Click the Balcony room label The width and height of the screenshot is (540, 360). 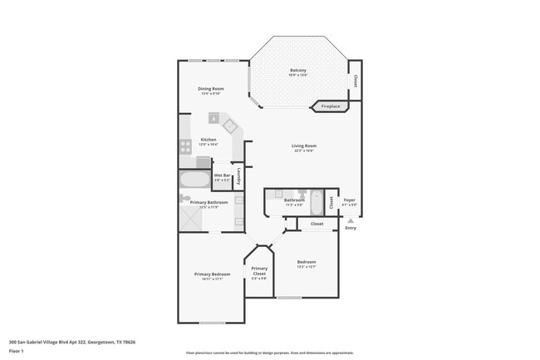[297, 70]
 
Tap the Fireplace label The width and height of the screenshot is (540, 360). [330, 106]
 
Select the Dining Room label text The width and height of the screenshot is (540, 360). [211, 88]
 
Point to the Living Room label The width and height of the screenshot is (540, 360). [303, 146]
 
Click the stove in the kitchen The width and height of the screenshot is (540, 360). [186, 147]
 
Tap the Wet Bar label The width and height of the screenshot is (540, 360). [222, 175]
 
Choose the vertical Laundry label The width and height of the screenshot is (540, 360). [239, 175]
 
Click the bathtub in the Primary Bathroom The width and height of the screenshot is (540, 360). [195, 180]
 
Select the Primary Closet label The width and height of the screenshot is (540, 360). [259, 270]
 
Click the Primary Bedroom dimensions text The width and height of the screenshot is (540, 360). [212, 279]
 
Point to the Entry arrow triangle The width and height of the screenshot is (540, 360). [350, 220]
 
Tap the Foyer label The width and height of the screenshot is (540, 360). [350, 200]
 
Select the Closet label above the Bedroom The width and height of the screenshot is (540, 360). [317, 224]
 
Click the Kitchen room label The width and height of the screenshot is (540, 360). [209, 139]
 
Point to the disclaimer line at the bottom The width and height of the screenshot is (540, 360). [270, 353]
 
